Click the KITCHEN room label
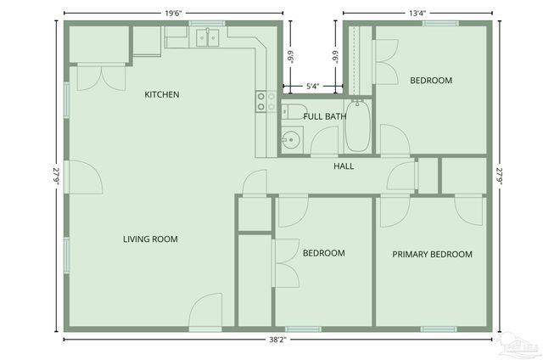tap(161, 94)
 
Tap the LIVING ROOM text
tap(151, 239)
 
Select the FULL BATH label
tap(324, 116)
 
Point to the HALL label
tap(344, 166)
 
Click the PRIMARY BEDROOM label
tap(432, 254)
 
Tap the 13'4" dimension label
tap(417, 13)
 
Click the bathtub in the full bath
tap(358, 127)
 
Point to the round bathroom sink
tap(292, 140)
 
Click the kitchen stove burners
tap(266, 102)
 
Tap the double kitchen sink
tap(208, 37)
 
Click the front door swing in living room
tap(206, 311)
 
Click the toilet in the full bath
tap(288, 110)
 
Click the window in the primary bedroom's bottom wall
tap(439, 329)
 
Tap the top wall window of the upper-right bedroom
tap(440, 23)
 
